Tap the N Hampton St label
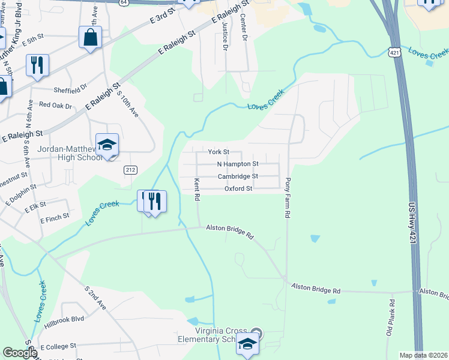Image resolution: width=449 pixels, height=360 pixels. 238,164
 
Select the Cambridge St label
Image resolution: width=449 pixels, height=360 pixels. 238,176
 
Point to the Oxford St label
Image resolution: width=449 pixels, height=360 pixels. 238,188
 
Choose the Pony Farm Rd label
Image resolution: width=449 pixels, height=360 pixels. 288,197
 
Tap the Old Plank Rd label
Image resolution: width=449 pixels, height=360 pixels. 391,318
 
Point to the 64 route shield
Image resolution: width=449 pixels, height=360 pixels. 123,3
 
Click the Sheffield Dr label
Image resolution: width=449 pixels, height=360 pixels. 70,89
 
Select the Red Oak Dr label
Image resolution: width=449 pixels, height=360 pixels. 55,105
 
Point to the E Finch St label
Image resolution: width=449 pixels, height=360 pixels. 55,217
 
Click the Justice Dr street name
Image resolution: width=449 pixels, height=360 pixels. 225,36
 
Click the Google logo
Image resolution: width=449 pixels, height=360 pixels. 20,353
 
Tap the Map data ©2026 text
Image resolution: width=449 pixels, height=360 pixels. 423,355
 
